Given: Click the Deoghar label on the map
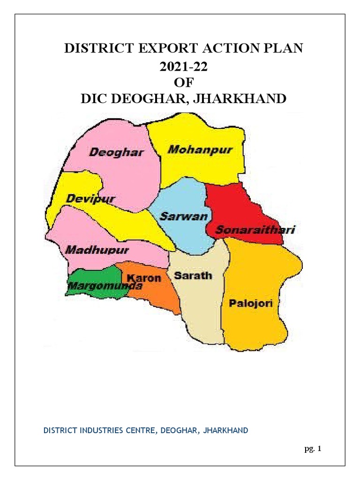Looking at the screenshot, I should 116,152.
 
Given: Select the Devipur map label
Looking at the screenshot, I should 90,199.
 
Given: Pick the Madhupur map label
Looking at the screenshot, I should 97,250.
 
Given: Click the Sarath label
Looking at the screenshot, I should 193,276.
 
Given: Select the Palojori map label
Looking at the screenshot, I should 251,303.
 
